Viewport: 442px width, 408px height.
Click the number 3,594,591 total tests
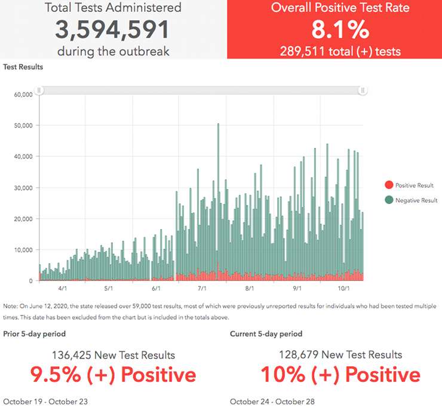(x=113, y=29)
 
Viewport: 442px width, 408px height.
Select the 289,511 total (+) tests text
(x=340, y=51)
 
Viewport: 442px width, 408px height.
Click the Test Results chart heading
(x=23, y=67)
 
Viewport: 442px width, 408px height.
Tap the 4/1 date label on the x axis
(x=62, y=288)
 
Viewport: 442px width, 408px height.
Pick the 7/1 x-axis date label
(x=203, y=288)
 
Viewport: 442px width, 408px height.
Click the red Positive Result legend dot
(x=389, y=186)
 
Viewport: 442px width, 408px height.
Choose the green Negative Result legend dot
(x=389, y=200)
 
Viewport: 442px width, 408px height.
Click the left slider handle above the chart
(x=39, y=90)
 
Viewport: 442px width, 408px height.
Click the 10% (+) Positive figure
(x=340, y=375)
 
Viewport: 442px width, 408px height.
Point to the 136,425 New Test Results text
(x=113, y=355)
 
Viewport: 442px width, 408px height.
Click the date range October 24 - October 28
(x=272, y=401)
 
